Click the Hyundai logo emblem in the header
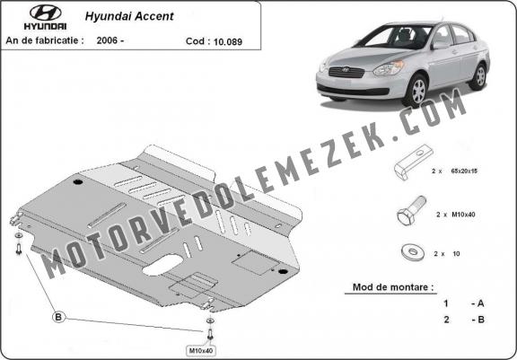coord(45,13)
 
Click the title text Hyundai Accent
coord(129,16)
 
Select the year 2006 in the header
coord(107,40)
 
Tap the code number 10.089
coord(228,41)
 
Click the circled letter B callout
coord(58,317)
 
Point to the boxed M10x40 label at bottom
coord(201,350)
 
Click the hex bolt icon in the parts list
coord(411,210)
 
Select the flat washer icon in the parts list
coord(413,252)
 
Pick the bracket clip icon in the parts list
coord(414,162)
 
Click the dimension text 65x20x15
coord(464,171)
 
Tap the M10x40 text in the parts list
coord(463,215)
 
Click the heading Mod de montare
coord(393,286)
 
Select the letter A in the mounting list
coord(480,303)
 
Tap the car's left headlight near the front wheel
coord(389,68)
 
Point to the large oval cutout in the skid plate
coord(162,265)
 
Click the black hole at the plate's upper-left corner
coord(78,182)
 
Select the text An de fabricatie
coord(45,40)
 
